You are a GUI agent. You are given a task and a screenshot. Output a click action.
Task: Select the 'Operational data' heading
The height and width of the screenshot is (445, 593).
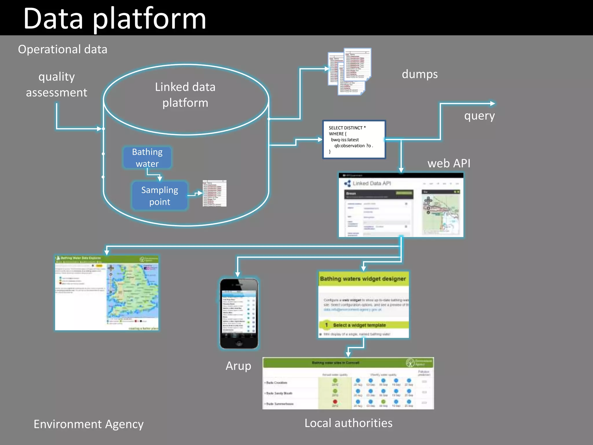click(x=63, y=49)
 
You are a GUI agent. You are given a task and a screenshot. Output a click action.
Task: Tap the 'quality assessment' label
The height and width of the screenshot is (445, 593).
click(x=56, y=85)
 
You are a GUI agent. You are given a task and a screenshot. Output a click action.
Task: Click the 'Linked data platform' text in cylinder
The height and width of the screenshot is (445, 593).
click(x=185, y=95)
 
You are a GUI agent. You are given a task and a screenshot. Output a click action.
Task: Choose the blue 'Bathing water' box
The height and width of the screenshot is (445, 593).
click(x=147, y=158)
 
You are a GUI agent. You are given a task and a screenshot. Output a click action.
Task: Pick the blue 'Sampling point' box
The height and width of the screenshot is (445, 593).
click(x=160, y=196)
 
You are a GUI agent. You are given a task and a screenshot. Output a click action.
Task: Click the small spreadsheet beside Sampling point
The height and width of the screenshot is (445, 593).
click(x=214, y=193)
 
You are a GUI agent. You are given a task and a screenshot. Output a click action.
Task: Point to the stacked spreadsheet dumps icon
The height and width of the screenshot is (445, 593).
click(x=350, y=71)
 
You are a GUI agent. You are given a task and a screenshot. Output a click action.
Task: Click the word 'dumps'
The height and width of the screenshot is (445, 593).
click(x=420, y=74)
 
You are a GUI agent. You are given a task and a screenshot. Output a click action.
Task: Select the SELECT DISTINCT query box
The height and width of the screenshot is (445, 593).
click(x=354, y=140)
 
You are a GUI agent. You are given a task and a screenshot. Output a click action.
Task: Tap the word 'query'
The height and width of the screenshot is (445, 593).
click(x=479, y=116)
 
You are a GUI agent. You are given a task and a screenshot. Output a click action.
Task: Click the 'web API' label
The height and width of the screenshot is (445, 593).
click(x=449, y=163)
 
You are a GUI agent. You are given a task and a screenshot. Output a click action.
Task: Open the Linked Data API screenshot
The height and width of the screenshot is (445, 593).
click(x=401, y=205)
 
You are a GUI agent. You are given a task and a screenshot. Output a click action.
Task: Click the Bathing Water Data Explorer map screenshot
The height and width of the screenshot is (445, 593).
click(x=107, y=293)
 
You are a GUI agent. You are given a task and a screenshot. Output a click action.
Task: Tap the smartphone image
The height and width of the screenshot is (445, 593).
click(x=239, y=313)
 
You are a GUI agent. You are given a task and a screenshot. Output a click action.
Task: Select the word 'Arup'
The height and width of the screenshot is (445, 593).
click(x=238, y=366)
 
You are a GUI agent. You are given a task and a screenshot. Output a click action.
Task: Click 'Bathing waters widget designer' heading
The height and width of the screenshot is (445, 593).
click(x=363, y=279)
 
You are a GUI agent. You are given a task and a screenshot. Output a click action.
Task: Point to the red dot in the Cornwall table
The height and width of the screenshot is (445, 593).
click(x=335, y=402)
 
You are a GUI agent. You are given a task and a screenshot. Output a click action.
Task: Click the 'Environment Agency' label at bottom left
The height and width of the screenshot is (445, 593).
click(x=89, y=424)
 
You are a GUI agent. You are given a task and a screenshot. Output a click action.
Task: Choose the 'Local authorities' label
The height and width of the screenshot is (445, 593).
click(x=348, y=423)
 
